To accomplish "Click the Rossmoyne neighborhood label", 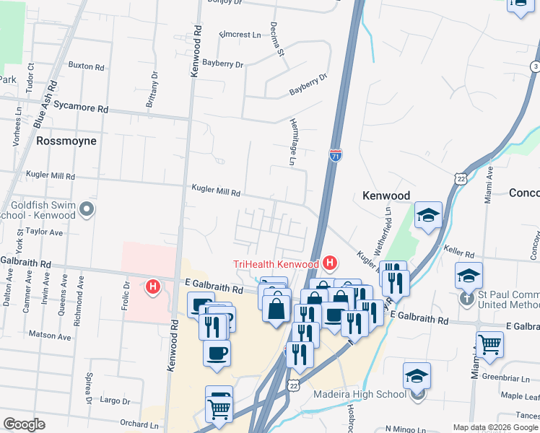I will click(66, 141).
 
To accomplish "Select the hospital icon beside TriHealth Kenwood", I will click(330, 263).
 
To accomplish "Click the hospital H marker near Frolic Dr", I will click(152, 287).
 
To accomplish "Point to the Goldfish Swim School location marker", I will click(87, 210).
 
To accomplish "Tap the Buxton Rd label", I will click(86, 66).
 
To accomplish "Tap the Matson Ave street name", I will click(50, 336).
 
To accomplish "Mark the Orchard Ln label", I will click(139, 424).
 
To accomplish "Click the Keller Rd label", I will click(458, 254).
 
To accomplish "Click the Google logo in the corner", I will click(24, 424).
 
